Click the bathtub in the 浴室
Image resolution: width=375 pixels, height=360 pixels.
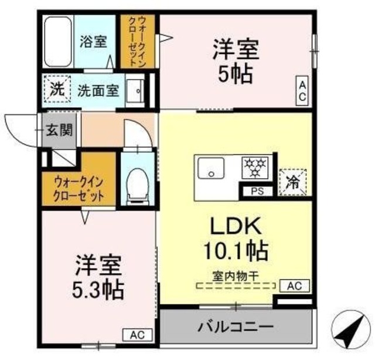click(58, 42)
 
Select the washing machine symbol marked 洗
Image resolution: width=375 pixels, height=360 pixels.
click(57, 91)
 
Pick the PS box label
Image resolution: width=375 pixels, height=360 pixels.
click(257, 190)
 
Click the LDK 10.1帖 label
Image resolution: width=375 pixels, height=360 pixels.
click(236, 239)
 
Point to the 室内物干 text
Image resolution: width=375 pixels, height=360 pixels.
click(236, 274)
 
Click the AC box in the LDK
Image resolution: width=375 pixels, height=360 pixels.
click(294, 286)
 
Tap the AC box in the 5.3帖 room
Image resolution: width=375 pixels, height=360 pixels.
click(137, 335)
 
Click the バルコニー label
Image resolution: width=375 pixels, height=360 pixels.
click(236, 326)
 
